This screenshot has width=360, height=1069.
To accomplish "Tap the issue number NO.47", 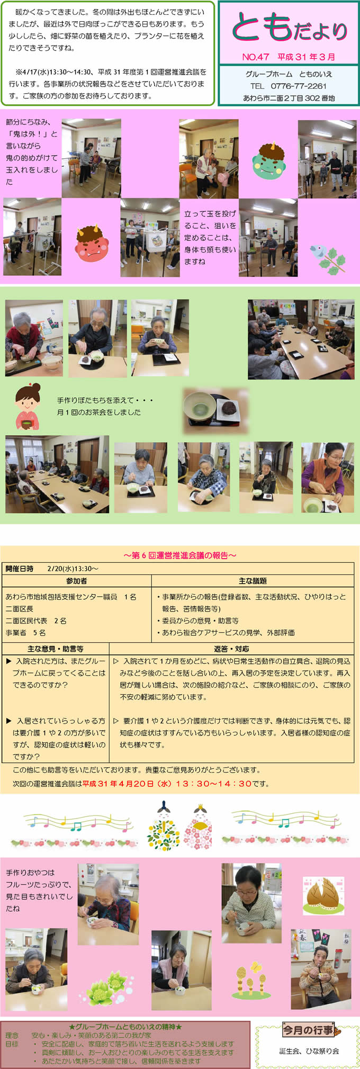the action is click(x=256, y=57).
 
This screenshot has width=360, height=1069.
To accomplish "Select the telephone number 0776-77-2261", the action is click(x=299, y=86).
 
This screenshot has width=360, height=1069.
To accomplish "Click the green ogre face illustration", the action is click(x=269, y=160).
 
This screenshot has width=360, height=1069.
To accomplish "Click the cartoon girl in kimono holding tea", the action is click(x=28, y=407).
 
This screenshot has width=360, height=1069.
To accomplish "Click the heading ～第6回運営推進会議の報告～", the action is click(x=180, y=555).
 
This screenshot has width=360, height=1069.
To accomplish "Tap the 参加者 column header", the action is click(x=77, y=581).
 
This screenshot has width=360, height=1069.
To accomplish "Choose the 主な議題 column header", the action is click(x=253, y=581).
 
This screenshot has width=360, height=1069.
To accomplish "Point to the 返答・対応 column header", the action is click(x=231, y=649).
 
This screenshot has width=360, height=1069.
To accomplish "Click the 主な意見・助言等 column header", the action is click(x=56, y=649).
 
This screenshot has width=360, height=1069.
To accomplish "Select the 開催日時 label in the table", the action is click(x=20, y=569).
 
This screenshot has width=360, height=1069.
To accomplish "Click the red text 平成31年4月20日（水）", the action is click(x=131, y=784).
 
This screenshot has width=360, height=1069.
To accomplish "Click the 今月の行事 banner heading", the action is click(x=308, y=1030).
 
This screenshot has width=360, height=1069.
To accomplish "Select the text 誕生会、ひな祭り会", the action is click(x=309, y=1051).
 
